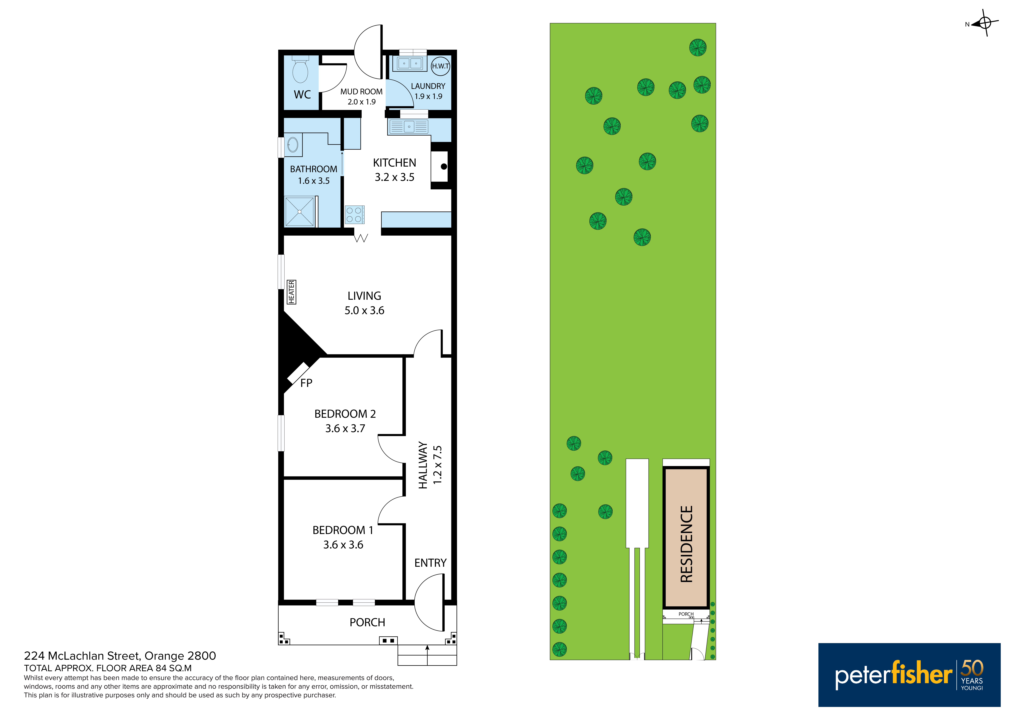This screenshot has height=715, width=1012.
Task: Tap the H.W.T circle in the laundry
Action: click(440, 66)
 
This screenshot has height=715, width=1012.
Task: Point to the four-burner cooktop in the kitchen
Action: click(354, 214)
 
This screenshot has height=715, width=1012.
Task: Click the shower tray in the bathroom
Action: click(300, 212)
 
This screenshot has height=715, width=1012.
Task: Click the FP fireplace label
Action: click(306, 383)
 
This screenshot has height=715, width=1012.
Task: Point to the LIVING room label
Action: click(364, 296)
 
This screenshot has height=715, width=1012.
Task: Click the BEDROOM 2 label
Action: click(345, 414)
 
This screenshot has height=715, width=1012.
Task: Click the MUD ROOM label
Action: click(361, 92)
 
